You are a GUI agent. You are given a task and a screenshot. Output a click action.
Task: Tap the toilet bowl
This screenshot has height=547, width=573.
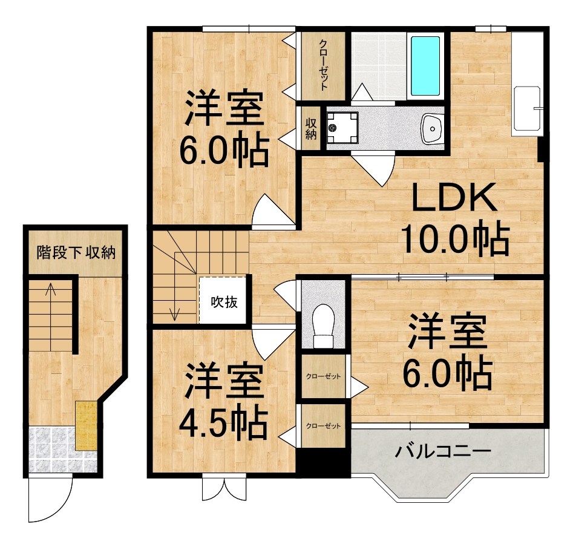(x=324, y=327)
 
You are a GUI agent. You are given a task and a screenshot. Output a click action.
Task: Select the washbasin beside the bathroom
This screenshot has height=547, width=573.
(x=432, y=127)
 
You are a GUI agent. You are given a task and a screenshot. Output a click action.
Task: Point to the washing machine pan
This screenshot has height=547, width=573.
(x=341, y=127)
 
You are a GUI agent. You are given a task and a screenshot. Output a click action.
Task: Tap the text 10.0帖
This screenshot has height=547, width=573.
(x=454, y=240)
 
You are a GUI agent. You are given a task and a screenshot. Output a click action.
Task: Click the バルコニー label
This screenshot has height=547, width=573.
(x=443, y=451)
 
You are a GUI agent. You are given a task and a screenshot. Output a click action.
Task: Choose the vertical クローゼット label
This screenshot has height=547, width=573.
(x=324, y=65)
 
